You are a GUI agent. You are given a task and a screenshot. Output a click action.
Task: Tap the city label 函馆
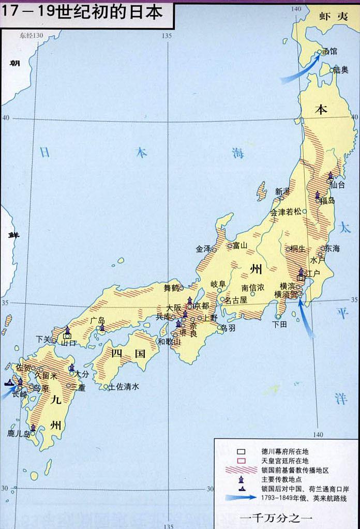(329, 51)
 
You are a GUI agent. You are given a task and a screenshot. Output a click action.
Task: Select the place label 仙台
(337, 184)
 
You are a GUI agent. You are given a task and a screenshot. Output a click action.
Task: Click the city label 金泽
(203, 248)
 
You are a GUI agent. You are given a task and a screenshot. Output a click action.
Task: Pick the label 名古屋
(236, 300)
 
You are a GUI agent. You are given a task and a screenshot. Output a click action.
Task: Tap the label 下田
(280, 324)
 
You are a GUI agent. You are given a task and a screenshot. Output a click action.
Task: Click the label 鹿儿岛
(19, 434)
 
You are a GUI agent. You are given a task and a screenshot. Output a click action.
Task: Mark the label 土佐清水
(124, 387)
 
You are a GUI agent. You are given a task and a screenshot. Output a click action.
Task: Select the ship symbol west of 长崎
(9, 384)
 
